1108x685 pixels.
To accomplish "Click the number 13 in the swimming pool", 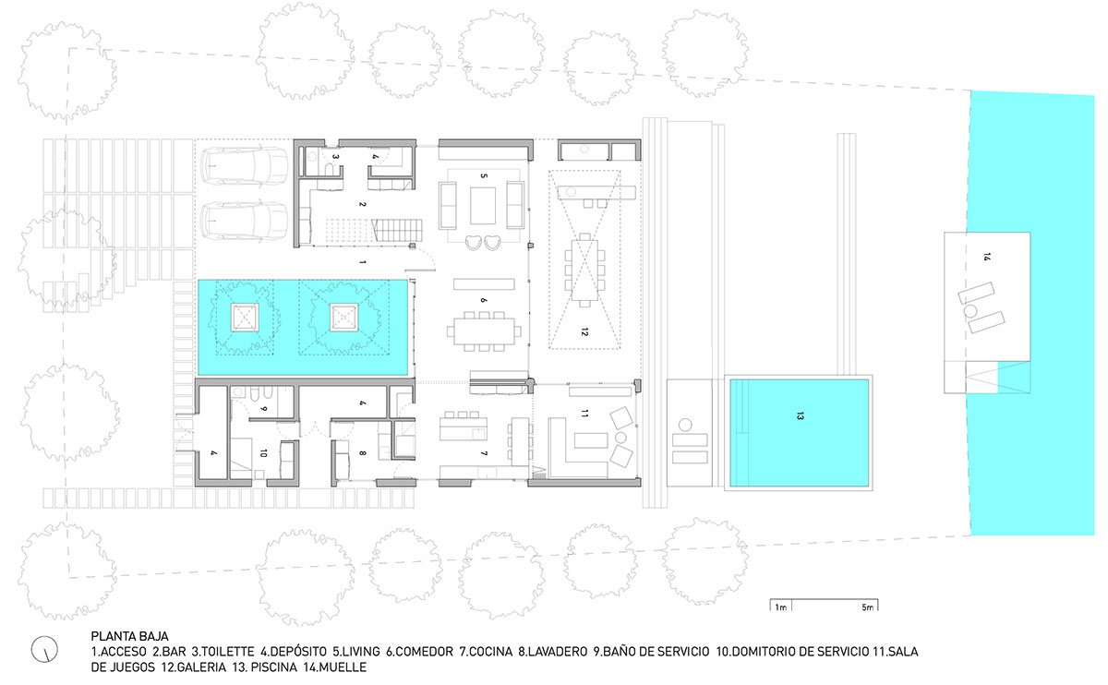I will pyautogui.click(x=798, y=417).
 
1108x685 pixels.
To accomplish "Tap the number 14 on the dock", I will pyautogui.click(x=986, y=258).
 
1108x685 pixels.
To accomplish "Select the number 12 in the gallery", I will pyautogui.click(x=584, y=331).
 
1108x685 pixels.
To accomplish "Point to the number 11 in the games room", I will pyautogui.click(x=584, y=413).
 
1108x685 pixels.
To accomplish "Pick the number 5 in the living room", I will pyautogui.click(x=482, y=174).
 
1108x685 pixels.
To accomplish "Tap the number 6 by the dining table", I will pyautogui.click(x=482, y=301).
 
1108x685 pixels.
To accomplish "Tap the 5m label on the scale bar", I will pyautogui.click(x=867, y=607).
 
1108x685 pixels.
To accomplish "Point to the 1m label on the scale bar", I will pyautogui.click(x=781, y=607).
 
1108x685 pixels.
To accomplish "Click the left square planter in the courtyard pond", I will pyautogui.click(x=246, y=318).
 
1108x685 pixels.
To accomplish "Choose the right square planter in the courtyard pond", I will pyautogui.click(x=343, y=318).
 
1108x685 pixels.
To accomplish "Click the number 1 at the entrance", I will pyautogui.click(x=363, y=263).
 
